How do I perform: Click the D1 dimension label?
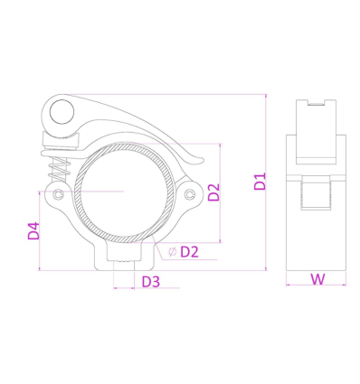click(260, 181)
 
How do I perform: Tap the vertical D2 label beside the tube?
click(214, 192)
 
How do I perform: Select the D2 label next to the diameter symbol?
click(189, 252)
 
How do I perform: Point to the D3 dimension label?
click(151, 282)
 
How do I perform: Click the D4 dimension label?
click(33, 231)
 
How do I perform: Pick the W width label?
click(318, 279)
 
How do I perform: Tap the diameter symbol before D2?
click(173, 251)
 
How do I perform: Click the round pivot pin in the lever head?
click(62, 111)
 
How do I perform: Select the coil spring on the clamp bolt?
click(61, 170)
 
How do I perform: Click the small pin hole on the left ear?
click(58, 194)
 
